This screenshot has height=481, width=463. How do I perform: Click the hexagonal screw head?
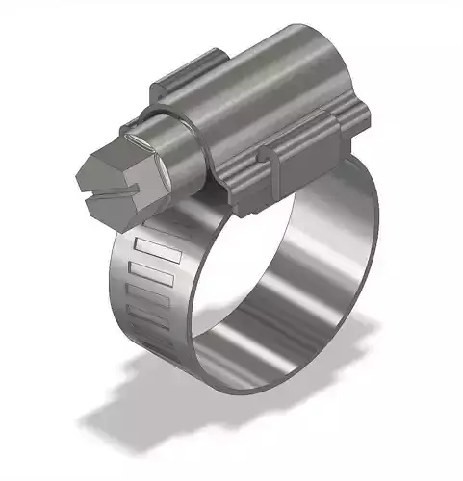pos(105,171)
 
